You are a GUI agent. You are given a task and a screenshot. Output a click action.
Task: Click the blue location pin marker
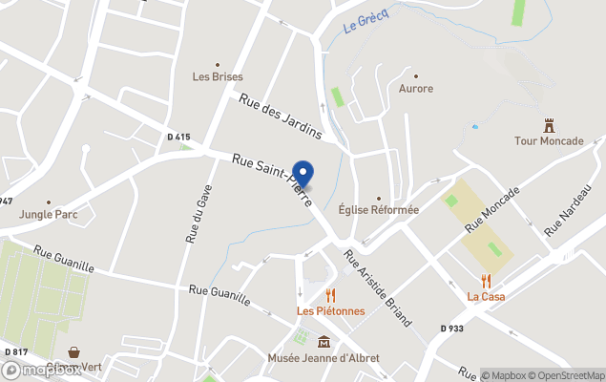point(303,173)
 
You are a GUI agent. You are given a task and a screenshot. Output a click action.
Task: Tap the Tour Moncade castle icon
point(549,124)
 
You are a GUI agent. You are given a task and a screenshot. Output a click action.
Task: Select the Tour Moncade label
point(549,141)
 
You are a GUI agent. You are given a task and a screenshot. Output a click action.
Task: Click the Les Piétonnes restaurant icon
point(330,295)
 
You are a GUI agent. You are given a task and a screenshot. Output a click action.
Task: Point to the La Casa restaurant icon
point(486,281)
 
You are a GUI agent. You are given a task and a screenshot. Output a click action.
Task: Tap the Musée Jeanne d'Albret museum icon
point(324,342)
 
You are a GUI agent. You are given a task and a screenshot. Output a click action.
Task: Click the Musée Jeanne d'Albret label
point(324,358)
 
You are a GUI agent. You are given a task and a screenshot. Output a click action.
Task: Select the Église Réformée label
point(379,210)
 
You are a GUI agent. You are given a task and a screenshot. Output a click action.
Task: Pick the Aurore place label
point(415,89)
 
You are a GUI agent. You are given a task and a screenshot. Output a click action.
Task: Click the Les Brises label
point(218,76)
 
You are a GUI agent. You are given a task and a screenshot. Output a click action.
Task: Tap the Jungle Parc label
point(48,215)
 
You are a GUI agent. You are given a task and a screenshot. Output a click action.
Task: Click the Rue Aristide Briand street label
point(378,287)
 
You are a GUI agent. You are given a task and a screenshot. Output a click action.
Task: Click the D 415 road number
point(178,138)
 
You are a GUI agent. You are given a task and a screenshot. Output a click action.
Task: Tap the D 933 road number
point(452,329)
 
